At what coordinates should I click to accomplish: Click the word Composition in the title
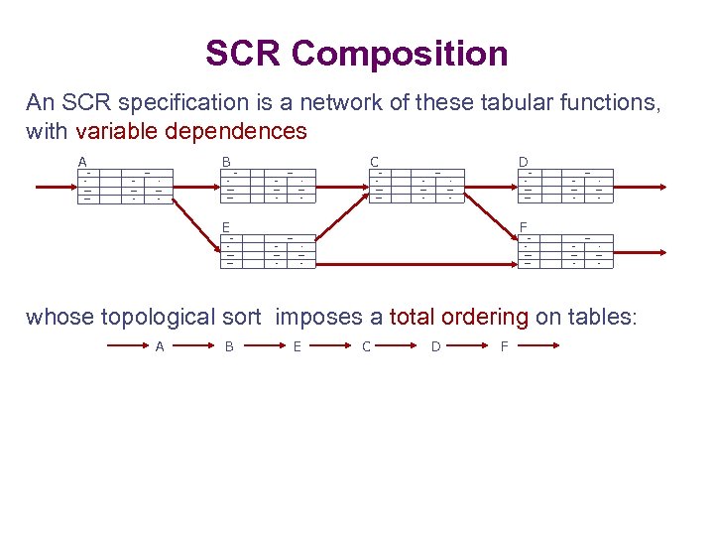click(x=401, y=54)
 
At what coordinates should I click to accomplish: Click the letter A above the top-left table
click(x=82, y=161)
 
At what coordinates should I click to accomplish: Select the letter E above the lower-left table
click(x=226, y=226)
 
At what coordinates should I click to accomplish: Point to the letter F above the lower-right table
click(x=523, y=226)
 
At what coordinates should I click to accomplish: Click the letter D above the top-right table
click(x=523, y=161)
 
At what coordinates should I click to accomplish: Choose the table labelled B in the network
click(x=265, y=186)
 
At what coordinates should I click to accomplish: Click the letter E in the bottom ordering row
click(x=297, y=346)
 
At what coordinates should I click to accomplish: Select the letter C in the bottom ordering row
click(x=366, y=346)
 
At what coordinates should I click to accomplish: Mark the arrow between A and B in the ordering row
click(x=195, y=346)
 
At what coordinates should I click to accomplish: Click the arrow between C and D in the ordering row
click(x=402, y=346)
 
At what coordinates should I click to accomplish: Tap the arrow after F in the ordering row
click(x=539, y=346)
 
